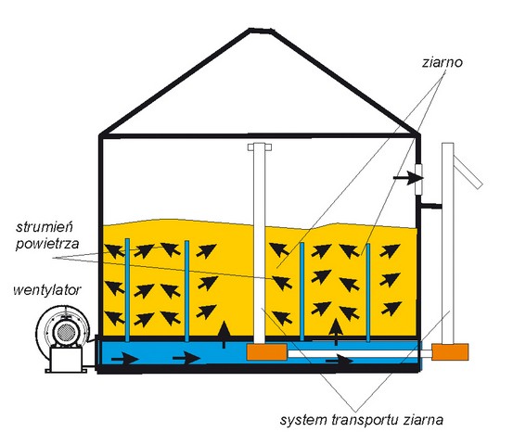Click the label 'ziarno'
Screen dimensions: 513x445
tap(442, 62)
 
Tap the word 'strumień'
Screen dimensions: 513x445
tap(45, 226)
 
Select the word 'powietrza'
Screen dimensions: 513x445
tap(47, 244)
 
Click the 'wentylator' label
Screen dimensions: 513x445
tap(47, 289)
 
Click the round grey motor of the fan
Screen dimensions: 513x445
tap(67, 333)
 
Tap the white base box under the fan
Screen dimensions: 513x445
tap(67, 360)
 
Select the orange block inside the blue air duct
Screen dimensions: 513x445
tap(266, 351)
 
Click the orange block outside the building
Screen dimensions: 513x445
tap(450, 351)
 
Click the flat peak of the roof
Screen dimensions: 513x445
tap(261, 31)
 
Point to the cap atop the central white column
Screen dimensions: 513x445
tap(260, 147)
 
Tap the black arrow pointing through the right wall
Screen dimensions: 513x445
tap(408, 178)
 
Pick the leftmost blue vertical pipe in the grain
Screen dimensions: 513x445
tap(127, 289)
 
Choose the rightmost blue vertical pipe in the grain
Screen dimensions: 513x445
tap(367, 292)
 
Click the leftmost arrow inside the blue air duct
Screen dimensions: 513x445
tap(125, 359)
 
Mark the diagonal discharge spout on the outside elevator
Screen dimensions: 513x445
tap(468, 171)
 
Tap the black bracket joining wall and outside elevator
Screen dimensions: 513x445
tap(431, 206)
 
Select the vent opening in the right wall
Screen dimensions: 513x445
tap(418, 180)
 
